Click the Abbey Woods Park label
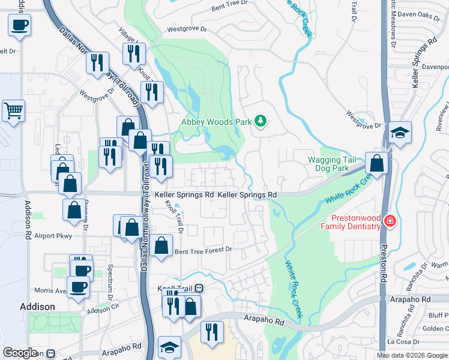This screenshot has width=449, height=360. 217,122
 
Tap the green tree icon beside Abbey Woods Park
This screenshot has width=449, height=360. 261,122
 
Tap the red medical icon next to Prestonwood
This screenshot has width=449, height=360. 390,221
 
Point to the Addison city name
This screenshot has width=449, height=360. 37,306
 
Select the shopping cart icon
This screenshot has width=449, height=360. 13,110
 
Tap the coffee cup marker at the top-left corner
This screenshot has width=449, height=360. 19,25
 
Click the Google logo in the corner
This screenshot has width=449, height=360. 20,353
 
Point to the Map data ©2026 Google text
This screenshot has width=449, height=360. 412,355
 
